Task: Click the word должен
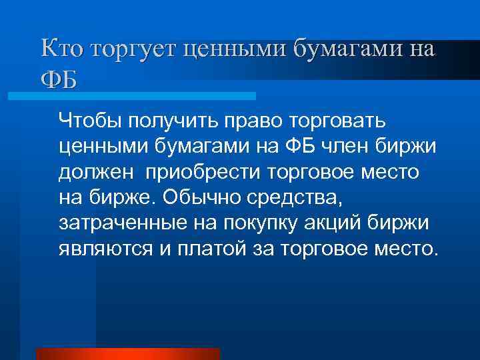95,173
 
